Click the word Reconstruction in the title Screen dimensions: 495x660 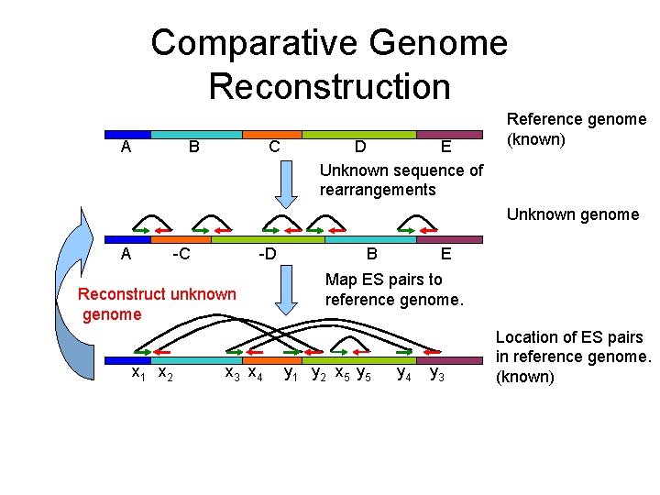pos(329,86)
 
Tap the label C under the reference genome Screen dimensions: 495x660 pos(274,147)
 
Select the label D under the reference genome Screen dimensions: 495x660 pos(361,147)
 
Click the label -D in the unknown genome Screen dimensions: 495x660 pos(266,254)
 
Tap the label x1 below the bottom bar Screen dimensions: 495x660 pos(138,373)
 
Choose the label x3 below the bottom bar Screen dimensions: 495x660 pos(232,373)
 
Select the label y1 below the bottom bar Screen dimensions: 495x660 pos(291,373)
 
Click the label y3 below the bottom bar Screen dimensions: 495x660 pos(438,373)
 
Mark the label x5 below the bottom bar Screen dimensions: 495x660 pos(341,373)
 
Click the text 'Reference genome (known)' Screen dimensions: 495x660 pos(577,129)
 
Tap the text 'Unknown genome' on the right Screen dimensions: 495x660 pos(573,214)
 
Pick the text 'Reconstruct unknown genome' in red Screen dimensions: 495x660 pos(157,304)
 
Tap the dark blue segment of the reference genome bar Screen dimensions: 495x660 pos(127,135)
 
